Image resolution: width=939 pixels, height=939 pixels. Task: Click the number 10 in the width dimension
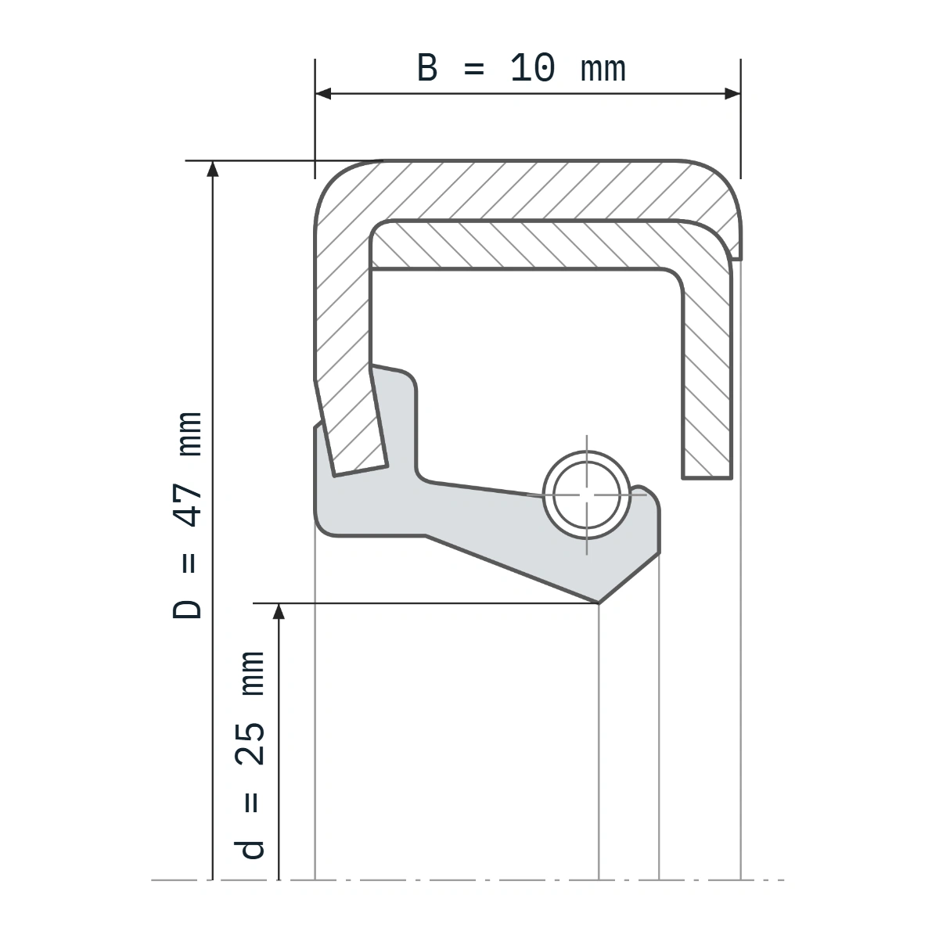pos(532,68)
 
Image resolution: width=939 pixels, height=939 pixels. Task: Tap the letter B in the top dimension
pos(427,68)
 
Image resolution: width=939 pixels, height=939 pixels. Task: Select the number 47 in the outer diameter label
pos(188,505)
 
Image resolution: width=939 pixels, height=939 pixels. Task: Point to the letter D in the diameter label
pos(187,609)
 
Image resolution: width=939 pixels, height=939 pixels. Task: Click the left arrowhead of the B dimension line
pos(323,94)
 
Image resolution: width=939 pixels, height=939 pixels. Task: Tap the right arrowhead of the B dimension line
pos(732,94)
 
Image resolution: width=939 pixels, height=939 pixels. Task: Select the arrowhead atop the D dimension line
pos(213,168)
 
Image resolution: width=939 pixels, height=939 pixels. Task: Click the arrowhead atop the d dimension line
pos(279,612)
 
